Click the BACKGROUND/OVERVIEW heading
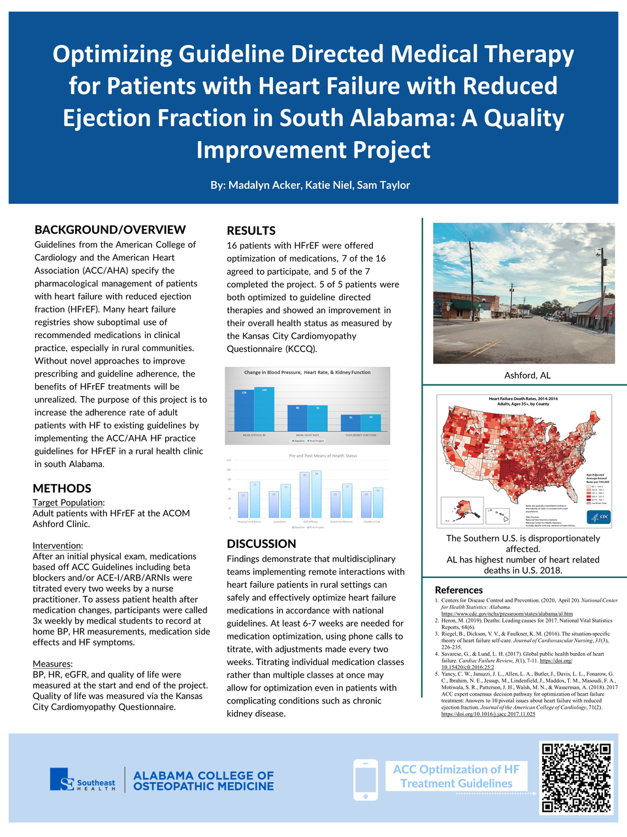pos(110,230)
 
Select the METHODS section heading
pos(62,488)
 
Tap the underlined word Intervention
pos(57,545)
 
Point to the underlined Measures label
pos(52,664)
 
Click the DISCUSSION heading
pos(261,543)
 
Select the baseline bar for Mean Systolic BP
pos(244,411)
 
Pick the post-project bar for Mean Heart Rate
pos(317,418)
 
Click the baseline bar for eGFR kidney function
pos(351,423)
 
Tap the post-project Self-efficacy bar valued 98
pos(317,494)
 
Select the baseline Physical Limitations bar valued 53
pos(243,505)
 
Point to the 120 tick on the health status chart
pos(229,460)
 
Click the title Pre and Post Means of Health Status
pos(323,456)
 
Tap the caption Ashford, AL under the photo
pos(527,375)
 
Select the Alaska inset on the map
pos(462,509)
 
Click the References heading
pos(458,590)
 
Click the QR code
pos(577,777)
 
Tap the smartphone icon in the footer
pos(365,779)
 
